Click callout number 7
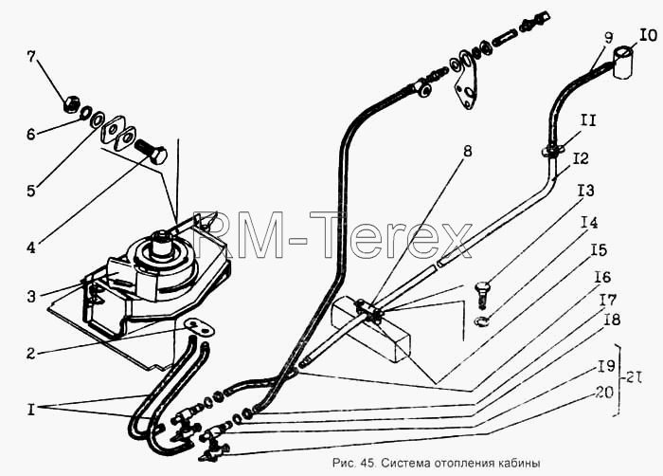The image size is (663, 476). click(x=31, y=57)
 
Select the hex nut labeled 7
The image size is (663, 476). click(x=70, y=104)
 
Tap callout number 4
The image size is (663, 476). click(x=31, y=247)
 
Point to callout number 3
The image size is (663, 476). click(x=31, y=297)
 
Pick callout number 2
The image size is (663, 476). click(x=30, y=353)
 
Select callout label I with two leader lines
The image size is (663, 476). click(x=30, y=410)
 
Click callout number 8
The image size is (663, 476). click(x=467, y=151)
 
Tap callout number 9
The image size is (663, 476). click(x=608, y=38)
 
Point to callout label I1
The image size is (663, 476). click(x=587, y=120)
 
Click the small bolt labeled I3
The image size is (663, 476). click(x=483, y=294)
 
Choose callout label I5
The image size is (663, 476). click(x=599, y=250)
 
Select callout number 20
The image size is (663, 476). click(x=604, y=393)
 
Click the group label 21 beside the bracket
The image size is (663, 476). click(x=632, y=376)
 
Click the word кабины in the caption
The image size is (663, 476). click(x=522, y=463)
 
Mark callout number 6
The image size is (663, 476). click(x=31, y=135)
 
